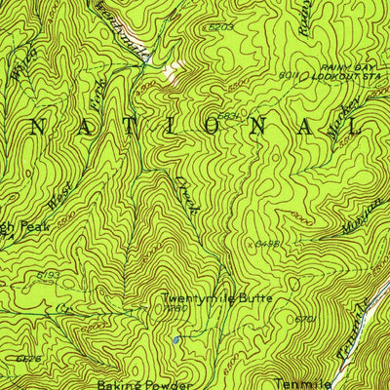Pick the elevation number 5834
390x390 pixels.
(x=229, y=117)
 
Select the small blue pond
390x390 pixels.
(x=175, y=340)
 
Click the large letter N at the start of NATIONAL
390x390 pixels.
(x=42, y=126)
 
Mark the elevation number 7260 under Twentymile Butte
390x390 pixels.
(x=175, y=310)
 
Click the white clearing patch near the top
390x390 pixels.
(x=174, y=68)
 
